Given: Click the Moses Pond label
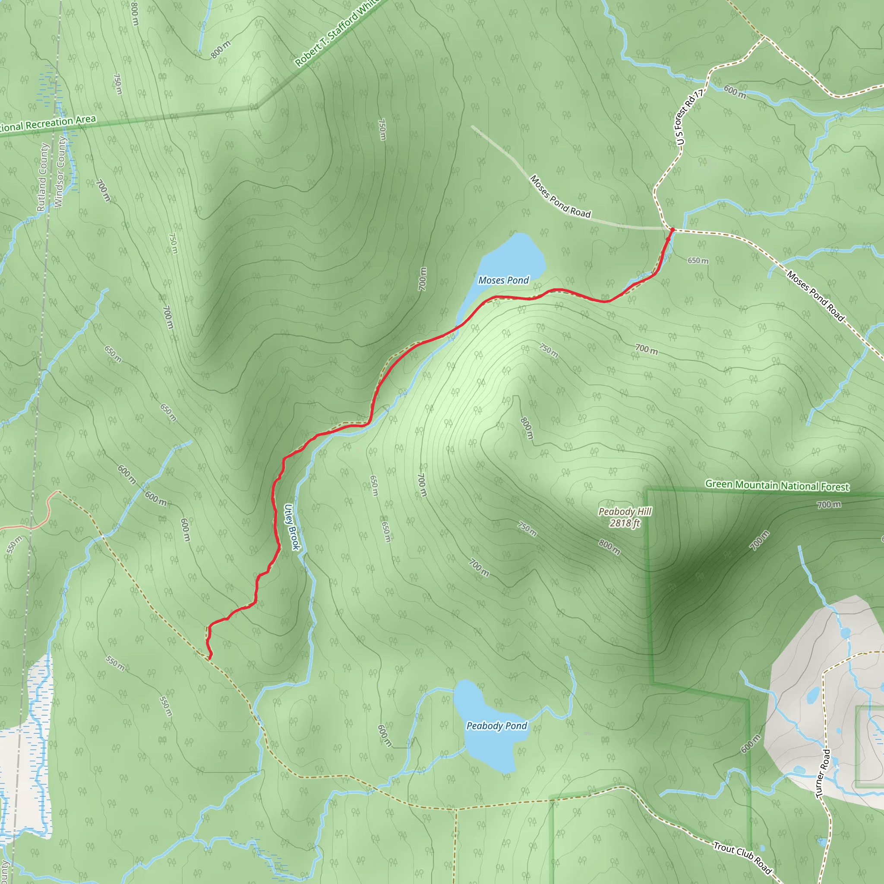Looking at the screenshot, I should pos(503,280).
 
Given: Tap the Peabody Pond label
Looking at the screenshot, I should pos(496,726).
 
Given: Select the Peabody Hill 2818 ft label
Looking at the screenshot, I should pos(625,517).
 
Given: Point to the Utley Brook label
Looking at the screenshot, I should pos(292,527).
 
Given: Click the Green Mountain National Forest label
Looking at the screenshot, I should pos(777,486).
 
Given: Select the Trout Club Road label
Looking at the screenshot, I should pos(742,858).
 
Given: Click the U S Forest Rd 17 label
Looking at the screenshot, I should pos(689,117).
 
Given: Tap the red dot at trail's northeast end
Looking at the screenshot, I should pos(672,230).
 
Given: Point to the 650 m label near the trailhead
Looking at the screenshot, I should pos(698,260).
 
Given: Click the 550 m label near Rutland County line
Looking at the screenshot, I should pos(15,544).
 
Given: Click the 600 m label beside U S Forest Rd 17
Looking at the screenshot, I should pos(735,92).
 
